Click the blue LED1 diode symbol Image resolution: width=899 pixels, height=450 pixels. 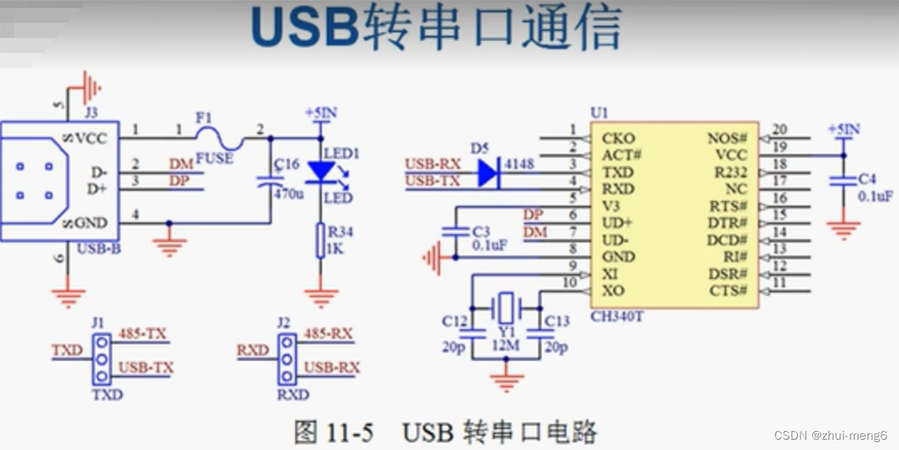(x=321, y=170)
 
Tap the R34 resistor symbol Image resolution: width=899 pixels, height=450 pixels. (x=321, y=240)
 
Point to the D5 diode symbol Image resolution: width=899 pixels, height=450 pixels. (x=487, y=173)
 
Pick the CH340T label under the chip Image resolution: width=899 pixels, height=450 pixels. (x=617, y=316)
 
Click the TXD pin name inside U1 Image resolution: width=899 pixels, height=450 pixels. (x=618, y=173)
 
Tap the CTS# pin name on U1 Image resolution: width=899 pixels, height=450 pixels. (x=729, y=291)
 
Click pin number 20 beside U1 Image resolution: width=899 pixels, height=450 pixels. (x=780, y=130)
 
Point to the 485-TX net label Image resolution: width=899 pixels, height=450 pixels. (x=142, y=333)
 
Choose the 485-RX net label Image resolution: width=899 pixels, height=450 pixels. (x=328, y=333)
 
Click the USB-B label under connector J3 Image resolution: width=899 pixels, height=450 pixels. (x=99, y=248)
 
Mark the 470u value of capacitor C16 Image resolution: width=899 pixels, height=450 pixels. (x=289, y=194)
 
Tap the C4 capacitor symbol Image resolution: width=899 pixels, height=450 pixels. (x=843, y=181)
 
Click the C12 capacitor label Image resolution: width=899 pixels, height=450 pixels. (x=455, y=321)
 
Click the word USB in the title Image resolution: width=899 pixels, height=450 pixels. (x=304, y=29)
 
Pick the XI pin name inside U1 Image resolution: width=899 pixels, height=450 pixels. (x=610, y=274)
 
